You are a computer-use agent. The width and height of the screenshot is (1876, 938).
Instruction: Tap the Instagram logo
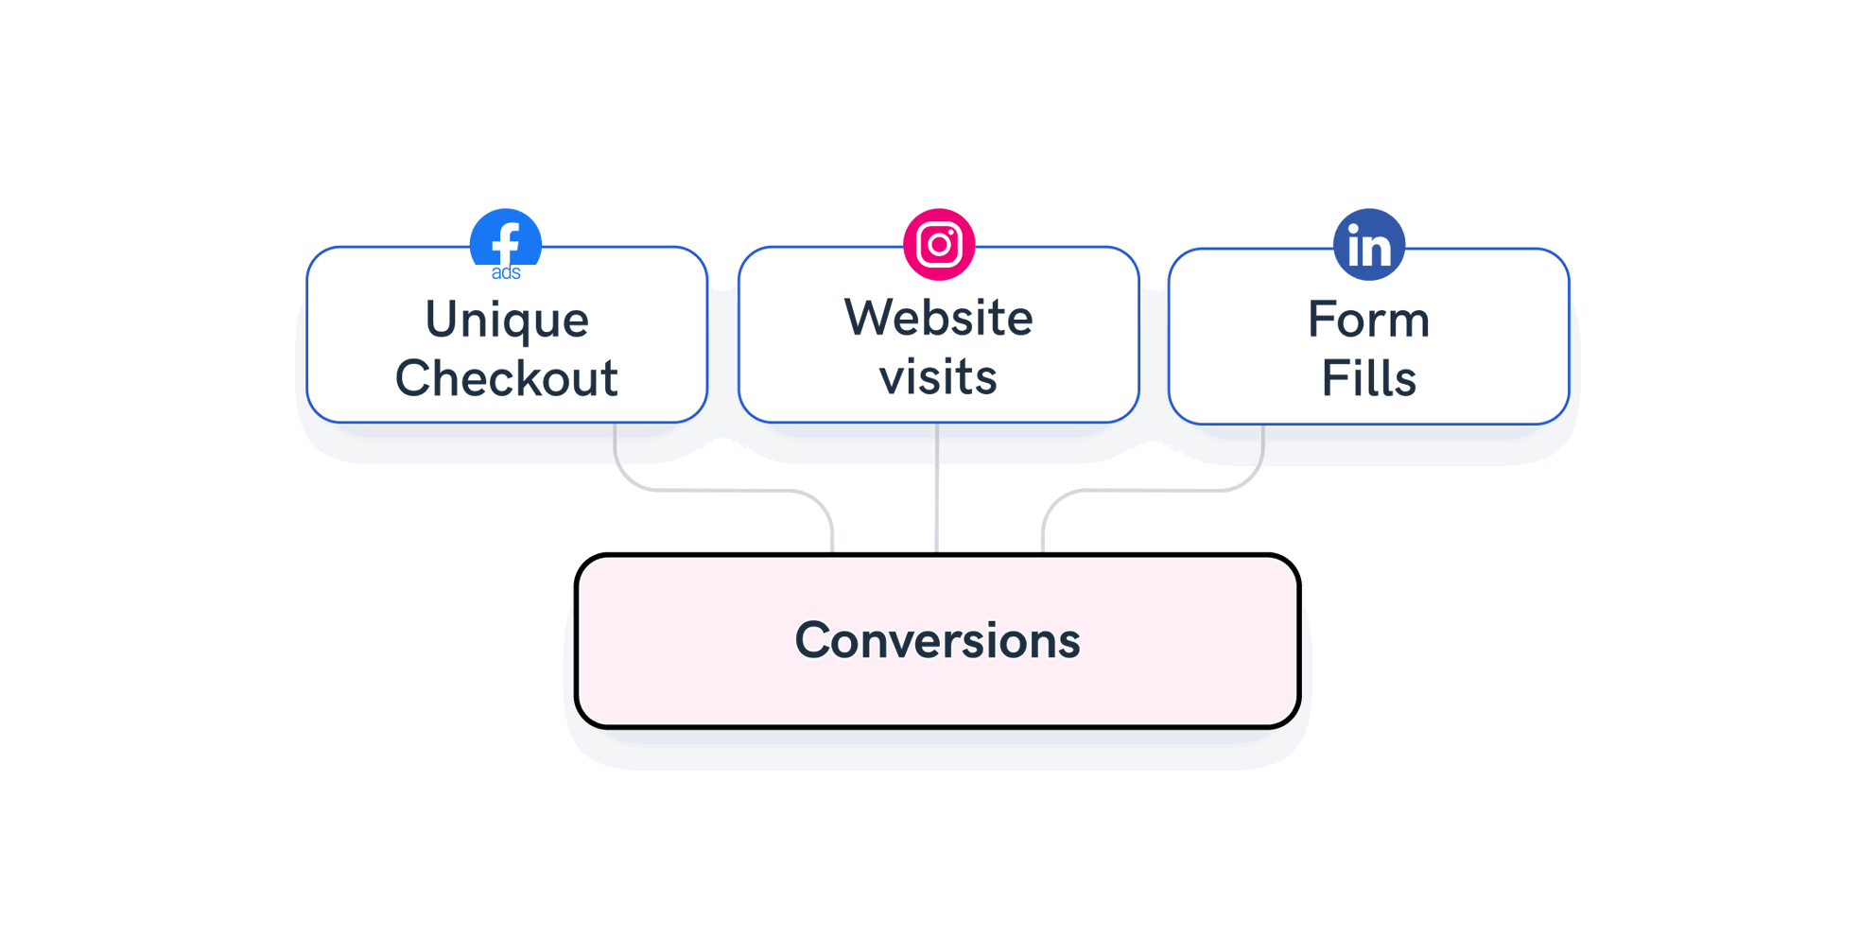click(x=939, y=244)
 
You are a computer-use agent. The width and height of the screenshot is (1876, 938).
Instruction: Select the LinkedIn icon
click(x=1368, y=244)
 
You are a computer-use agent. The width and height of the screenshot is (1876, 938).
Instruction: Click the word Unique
click(x=507, y=320)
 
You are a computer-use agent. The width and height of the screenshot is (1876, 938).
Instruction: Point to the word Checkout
click(x=507, y=378)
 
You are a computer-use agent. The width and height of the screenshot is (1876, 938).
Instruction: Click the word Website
click(x=938, y=318)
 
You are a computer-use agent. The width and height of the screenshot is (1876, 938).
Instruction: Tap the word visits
click(x=938, y=376)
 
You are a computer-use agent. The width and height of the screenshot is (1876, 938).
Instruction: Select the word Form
click(x=1368, y=320)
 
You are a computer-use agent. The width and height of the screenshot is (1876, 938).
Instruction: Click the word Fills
click(x=1368, y=378)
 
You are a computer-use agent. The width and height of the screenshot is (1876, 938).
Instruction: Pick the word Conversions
click(x=937, y=640)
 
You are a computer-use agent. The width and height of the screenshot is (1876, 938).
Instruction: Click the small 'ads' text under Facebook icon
click(x=506, y=273)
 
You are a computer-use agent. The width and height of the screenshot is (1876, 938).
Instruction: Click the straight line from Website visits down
click(x=937, y=487)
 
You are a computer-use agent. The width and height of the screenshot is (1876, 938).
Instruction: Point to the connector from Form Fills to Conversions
click(x=1154, y=490)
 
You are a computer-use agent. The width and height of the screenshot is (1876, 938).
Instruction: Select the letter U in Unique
click(x=443, y=320)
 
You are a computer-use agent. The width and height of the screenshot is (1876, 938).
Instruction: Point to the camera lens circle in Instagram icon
click(x=939, y=245)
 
